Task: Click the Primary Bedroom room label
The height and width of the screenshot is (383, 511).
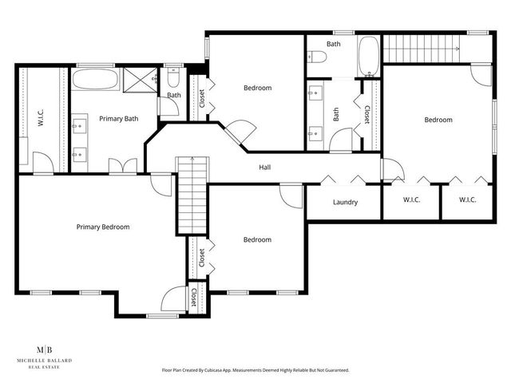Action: tap(103, 227)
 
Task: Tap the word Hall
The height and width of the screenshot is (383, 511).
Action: tap(263, 168)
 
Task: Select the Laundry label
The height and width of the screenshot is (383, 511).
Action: tap(345, 203)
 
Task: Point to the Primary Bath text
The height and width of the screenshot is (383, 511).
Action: tap(118, 119)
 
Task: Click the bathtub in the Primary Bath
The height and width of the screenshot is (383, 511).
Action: tap(95, 80)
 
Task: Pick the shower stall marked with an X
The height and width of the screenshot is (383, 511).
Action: tap(142, 79)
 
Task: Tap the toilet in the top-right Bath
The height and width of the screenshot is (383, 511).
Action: tap(317, 57)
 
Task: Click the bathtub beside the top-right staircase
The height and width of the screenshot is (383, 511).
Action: tap(370, 57)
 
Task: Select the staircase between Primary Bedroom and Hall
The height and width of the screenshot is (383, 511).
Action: tap(192, 195)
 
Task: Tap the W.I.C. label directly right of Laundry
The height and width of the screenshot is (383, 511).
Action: tap(412, 200)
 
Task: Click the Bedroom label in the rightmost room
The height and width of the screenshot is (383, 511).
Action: tap(438, 120)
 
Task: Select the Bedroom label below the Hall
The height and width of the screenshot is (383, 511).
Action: tap(257, 240)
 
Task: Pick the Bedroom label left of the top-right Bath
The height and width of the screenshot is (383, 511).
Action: tap(257, 88)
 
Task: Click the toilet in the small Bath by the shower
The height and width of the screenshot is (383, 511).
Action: tap(174, 79)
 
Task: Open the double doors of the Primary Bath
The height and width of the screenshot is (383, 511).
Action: tap(123, 167)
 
